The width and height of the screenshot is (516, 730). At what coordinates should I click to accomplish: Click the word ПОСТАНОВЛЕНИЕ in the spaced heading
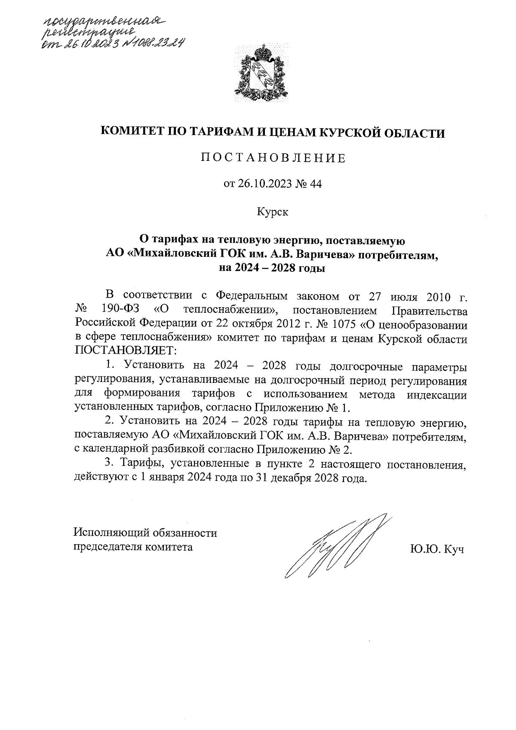pos(273,158)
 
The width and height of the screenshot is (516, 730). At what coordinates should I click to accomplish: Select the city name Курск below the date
pos(273,211)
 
